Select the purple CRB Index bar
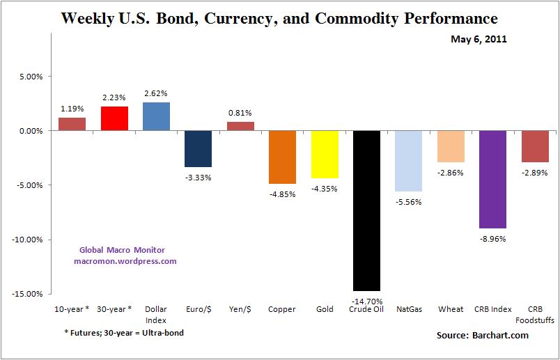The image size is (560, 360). tap(493, 179)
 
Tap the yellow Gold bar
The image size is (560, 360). tap(324, 154)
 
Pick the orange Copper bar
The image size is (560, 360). tap(282, 157)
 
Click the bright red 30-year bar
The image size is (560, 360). tap(114, 118)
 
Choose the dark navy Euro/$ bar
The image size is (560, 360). tap(198, 148)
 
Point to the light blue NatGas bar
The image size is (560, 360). tap(408, 161)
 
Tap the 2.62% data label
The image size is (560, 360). tap(156, 93)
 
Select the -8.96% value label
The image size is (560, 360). tap(493, 237)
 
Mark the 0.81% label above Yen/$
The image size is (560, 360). tap(240, 113)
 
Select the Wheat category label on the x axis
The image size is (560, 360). tap(451, 309)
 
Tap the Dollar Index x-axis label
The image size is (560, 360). tap(156, 314)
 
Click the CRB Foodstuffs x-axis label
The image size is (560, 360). tap(535, 314)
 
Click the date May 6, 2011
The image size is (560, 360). tap(479, 39)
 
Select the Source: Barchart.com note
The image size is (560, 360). tap(483, 336)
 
